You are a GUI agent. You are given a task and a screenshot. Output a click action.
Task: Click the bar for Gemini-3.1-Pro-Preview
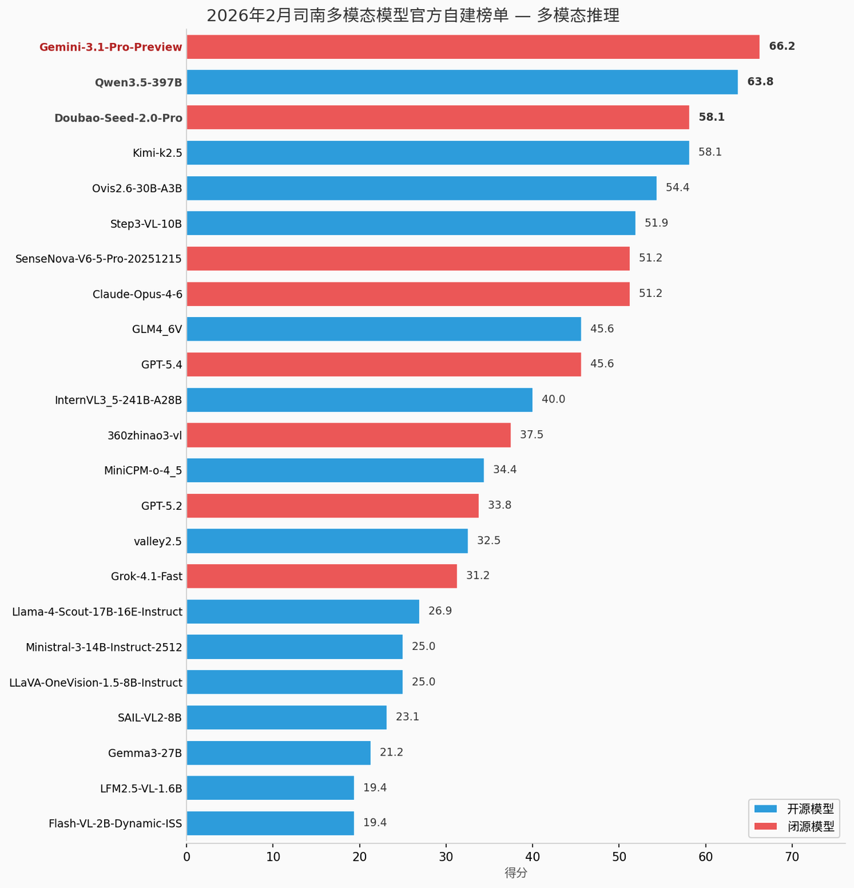coord(472,47)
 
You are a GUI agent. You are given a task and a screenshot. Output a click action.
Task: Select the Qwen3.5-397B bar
coord(462,82)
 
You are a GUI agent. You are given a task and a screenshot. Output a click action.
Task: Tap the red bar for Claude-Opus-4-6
coord(408,293)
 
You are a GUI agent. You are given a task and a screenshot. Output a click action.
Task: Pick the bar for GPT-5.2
coord(332,505)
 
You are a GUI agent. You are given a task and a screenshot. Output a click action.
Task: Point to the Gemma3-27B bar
coord(278,753)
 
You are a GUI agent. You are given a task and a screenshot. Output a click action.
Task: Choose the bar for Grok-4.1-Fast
coord(321,576)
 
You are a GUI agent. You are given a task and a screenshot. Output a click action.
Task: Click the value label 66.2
coord(782,46)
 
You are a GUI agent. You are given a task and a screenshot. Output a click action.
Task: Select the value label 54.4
coord(678,188)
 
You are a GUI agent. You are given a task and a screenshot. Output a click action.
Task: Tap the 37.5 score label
coord(531,435)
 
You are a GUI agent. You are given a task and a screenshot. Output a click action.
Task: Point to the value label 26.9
coord(440,611)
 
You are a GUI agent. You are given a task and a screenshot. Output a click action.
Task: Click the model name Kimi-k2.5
coord(157,153)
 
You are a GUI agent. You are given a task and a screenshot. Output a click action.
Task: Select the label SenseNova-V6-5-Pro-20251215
coord(99,259)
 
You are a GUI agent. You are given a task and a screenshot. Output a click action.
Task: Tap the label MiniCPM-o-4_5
coord(143,470)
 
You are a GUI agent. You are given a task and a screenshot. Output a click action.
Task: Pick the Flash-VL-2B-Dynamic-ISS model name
coord(115,823)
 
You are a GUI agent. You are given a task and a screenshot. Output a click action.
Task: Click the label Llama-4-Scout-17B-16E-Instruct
coord(97,612)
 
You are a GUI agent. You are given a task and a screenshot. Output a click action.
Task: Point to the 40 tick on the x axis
coord(532,857)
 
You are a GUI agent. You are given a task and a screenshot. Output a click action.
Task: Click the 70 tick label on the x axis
coord(792,857)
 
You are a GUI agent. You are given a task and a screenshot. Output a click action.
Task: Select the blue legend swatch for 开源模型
coord(766,809)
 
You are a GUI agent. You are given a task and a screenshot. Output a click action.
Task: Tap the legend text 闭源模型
coord(810,826)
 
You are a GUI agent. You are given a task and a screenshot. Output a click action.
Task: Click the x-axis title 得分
coord(515,873)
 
